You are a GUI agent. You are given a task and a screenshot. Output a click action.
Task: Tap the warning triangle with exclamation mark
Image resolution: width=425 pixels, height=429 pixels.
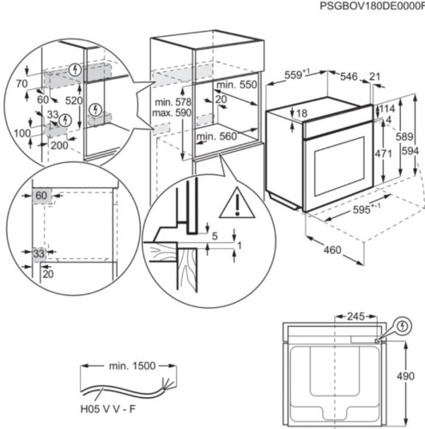point(232,204)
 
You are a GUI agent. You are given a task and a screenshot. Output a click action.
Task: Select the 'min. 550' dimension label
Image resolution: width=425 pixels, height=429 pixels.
point(236,87)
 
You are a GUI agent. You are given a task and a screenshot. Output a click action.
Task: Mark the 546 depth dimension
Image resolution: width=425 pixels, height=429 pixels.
point(348,77)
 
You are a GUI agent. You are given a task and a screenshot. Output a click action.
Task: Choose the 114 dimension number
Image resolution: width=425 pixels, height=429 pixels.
point(387,109)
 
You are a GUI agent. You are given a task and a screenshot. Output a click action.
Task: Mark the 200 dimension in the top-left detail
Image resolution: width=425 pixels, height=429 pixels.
point(58,147)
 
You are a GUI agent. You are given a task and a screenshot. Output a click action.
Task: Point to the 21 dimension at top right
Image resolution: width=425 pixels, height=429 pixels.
point(374,77)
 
